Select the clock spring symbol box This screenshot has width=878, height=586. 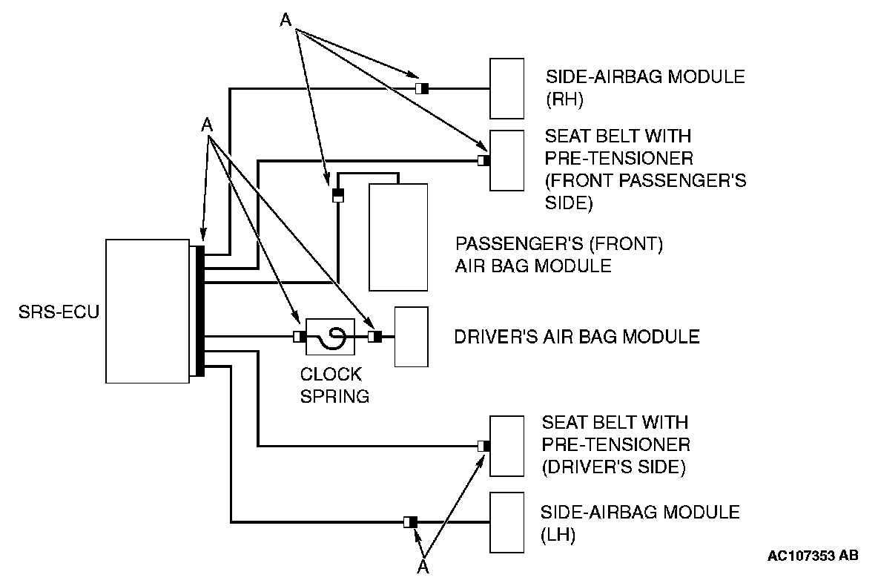pos(327,337)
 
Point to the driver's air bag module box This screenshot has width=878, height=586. pos(411,337)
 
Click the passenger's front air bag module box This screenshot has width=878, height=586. pos(398,237)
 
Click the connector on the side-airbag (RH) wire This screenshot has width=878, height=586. pos(421,89)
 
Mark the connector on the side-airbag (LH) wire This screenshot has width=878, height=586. pos(410,522)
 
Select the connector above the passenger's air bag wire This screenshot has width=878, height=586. pos(337,195)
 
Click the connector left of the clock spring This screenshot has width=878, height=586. pos(299,337)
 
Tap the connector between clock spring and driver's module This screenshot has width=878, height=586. pos(374,337)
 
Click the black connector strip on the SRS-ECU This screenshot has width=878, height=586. pos(198,311)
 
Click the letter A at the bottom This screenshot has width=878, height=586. pos(423,567)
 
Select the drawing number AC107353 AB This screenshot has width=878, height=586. pos(813,556)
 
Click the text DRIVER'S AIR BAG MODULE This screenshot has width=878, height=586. pos(576,337)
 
